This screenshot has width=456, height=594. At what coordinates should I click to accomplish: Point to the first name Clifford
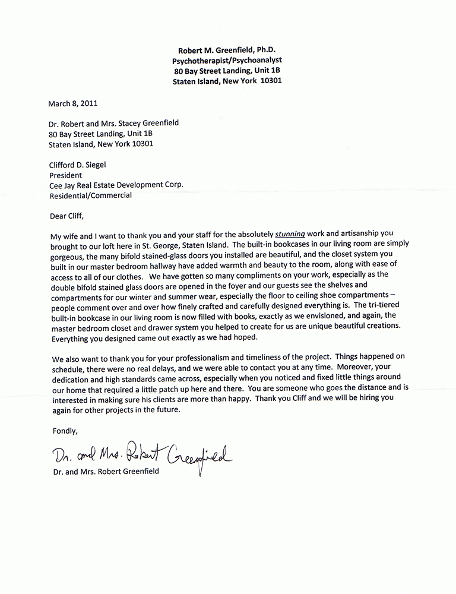64,165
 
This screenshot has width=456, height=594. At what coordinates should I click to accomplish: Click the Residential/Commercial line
90,195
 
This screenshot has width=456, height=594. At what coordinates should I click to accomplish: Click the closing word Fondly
65,430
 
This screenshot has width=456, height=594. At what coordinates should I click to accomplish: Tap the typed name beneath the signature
105,472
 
